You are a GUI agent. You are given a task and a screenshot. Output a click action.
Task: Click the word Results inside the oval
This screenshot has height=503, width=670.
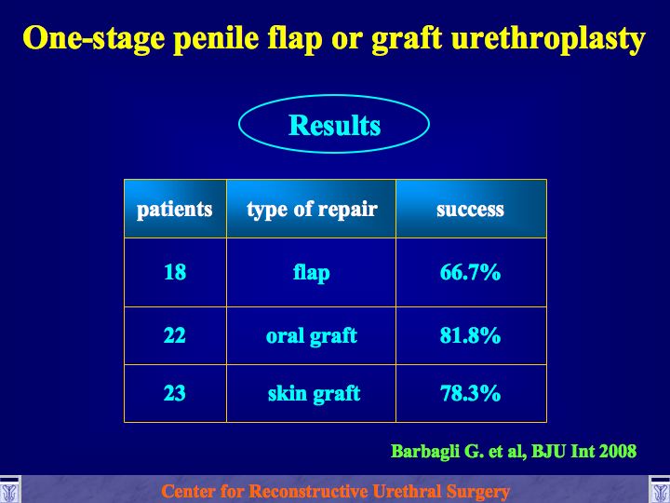click(x=335, y=126)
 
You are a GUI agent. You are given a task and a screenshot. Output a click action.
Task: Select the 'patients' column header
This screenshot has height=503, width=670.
click(x=175, y=210)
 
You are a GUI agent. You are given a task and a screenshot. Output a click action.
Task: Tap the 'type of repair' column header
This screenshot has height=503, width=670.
click(x=312, y=210)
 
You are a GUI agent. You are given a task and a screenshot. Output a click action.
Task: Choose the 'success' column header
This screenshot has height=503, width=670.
click(x=470, y=210)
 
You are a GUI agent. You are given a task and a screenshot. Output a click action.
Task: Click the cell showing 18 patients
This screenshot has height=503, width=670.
click(x=175, y=272)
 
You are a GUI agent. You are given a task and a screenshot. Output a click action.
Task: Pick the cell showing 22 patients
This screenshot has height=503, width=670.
click(x=175, y=335)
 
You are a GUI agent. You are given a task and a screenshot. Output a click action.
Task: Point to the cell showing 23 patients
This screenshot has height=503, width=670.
click(x=175, y=393)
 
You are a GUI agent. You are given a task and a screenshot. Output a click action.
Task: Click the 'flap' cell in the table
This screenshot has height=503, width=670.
click(x=312, y=273)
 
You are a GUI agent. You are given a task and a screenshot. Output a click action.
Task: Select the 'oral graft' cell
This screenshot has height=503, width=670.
click(x=312, y=336)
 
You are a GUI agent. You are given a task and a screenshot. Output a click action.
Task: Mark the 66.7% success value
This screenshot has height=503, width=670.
click(x=470, y=272)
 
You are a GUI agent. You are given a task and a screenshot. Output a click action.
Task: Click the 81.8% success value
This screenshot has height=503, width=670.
click(x=470, y=335)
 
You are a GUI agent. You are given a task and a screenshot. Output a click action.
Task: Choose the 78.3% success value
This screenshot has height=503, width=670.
click(x=470, y=393)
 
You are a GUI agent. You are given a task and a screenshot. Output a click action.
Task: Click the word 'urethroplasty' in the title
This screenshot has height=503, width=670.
click(x=548, y=39)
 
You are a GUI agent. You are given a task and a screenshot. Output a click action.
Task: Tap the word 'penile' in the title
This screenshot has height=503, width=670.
click(x=216, y=38)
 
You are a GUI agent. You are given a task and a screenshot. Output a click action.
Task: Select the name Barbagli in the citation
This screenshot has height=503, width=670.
click(x=425, y=452)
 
